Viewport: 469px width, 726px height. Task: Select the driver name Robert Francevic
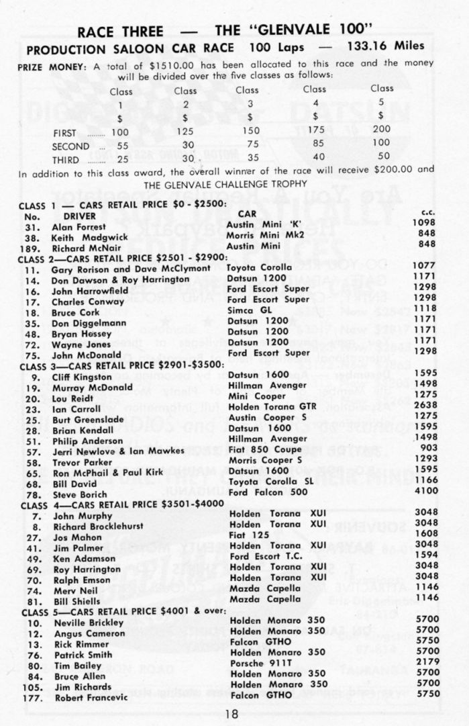pyautogui.click(x=91, y=697)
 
